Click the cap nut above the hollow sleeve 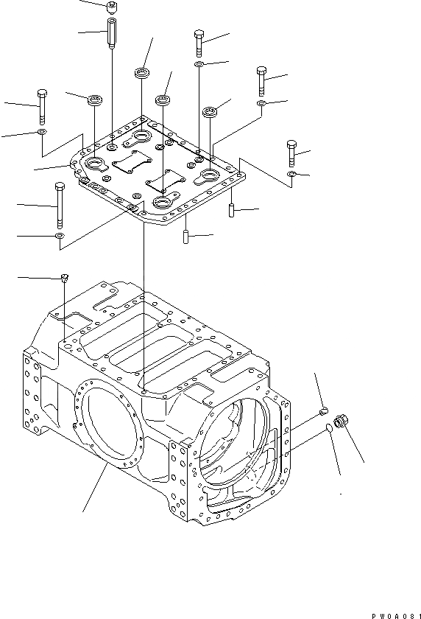point(112,7)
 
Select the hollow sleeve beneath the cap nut point(112,32)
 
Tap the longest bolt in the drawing point(60,206)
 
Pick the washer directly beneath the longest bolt point(59,236)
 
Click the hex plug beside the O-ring point(341,421)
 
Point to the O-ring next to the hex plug point(328,427)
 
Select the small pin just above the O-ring point(323,412)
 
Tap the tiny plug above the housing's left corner point(65,277)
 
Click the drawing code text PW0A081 point(396,615)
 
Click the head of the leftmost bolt point(42,94)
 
